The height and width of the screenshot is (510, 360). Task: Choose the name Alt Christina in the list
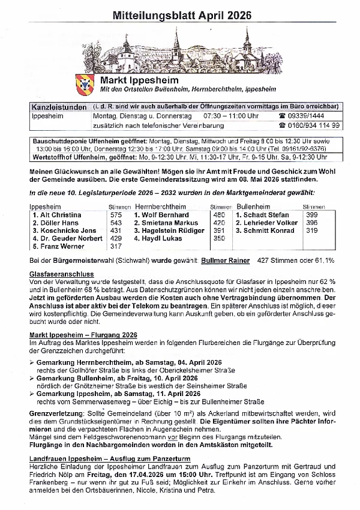pyautogui.click(x=56, y=215)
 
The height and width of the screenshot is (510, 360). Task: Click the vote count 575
pyautogui.click(x=116, y=215)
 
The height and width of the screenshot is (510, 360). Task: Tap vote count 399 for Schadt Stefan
pyautogui.click(x=312, y=215)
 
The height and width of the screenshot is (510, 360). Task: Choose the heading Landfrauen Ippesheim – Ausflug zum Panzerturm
pyautogui.click(x=110, y=458)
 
